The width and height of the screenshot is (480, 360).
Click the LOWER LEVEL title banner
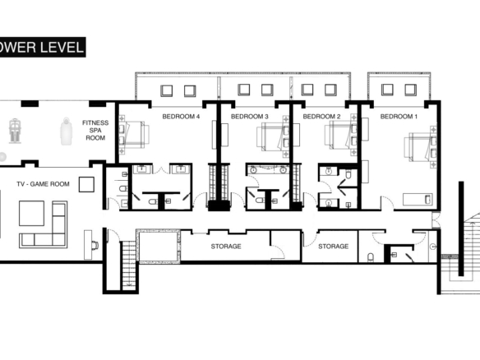(x=43, y=47)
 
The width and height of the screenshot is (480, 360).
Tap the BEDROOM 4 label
(x=181, y=117)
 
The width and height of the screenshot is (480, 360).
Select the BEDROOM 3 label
(x=250, y=117)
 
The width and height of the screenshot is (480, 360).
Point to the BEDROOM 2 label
(x=321, y=117)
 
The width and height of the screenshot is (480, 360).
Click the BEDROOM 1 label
(x=399, y=117)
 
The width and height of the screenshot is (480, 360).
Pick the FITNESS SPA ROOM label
(x=95, y=130)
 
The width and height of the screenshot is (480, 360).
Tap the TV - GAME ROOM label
(x=43, y=184)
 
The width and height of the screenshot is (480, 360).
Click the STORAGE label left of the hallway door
(x=226, y=246)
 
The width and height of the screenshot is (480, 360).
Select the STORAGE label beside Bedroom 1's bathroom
(x=334, y=246)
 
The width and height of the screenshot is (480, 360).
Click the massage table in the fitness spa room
(x=66, y=131)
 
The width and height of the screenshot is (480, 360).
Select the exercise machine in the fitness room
(x=15, y=131)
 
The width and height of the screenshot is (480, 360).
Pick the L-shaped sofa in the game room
(x=44, y=224)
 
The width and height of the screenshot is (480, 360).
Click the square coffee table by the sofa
(x=31, y=214)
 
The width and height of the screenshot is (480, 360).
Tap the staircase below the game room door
(x=128, y=265)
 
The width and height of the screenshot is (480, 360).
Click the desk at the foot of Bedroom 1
(x=418, y=199)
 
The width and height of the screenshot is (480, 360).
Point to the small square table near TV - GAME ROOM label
(x=86, y=184)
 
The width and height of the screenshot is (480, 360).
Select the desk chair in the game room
(x=95, y=245)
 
